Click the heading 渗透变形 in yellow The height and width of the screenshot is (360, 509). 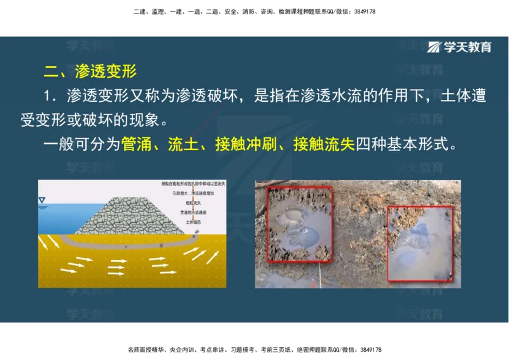coord(106,71)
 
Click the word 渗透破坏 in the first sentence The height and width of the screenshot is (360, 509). coord(213,97)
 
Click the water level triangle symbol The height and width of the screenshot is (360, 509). coord(43,202)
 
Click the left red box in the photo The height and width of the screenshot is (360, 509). coord(299,224)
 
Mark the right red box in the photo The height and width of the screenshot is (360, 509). coord(420,243)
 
